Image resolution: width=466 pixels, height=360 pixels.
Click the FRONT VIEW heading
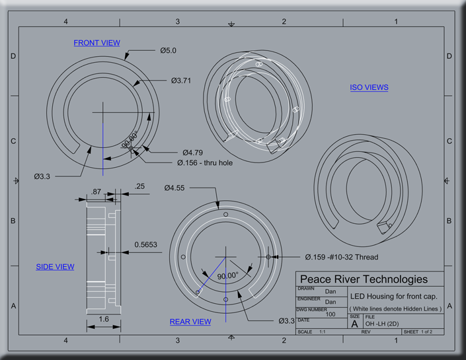click(x=97, y=43)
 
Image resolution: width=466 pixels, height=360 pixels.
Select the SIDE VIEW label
click(x=55, y=267)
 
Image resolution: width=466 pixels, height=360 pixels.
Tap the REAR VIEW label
click(x=190, y=322)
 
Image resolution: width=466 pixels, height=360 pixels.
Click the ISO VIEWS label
click(x=369, y=87)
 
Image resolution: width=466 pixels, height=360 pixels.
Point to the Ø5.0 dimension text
click(x=168, y=50)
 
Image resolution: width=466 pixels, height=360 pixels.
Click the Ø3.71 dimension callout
click(x=180, y=81)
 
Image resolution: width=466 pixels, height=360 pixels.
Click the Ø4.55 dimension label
click(x=175, y=188)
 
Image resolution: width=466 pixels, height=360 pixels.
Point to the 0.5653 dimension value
click(x=145, y=244)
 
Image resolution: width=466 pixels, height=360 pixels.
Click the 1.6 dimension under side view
click(x=104, y=319)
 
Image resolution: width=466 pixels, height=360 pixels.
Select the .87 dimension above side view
click(x=97, y=191)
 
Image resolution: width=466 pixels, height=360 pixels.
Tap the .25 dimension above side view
click(x=139, y=187)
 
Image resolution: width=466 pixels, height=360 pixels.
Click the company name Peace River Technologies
click(x=364, y=279)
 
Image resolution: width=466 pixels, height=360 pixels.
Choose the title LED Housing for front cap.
click(x=393, y=296)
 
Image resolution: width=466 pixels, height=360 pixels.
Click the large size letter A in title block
click(x=354, y=324)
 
